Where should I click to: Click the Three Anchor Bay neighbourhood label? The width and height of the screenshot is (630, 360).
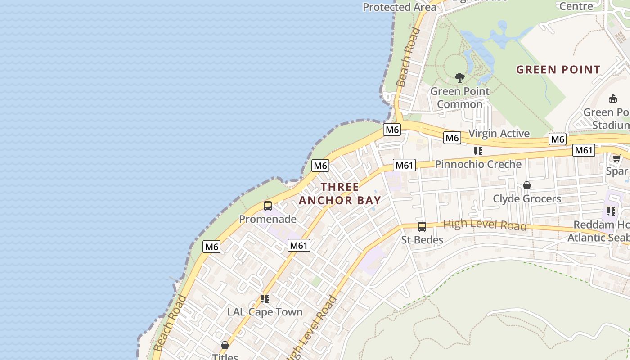pos(340,193)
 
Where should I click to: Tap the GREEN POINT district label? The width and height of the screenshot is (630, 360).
pos(558,70)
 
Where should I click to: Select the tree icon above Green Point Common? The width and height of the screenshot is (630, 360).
pos(459,78)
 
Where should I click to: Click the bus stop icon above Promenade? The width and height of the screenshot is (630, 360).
pos(268,206)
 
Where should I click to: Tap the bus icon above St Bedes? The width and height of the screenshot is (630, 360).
pos(422,227)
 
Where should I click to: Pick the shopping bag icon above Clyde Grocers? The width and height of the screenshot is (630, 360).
pos(527,185)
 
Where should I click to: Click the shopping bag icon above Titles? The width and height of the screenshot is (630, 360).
pos(225,345)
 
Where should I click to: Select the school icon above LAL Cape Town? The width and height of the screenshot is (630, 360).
pos(265,298)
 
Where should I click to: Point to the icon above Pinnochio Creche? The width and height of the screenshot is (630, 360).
pos(478,151)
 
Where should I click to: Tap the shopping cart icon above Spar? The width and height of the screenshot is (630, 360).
pos(616,158)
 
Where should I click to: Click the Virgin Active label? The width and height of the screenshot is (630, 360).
pos(499,134)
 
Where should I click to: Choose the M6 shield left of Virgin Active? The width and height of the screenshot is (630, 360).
pos(452,138)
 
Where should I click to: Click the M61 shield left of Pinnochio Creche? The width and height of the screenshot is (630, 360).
pos(404,165)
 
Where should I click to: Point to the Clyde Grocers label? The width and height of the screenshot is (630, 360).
pos(527,198)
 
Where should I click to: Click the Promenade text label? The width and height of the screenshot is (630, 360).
pos(268,219)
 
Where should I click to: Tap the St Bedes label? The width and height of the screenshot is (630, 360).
pos(422,240)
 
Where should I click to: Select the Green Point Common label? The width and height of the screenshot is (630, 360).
pos(459,98)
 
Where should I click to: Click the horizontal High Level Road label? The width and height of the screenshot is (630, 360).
pos(485,225)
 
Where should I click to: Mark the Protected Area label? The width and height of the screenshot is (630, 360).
pos(399,7)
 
